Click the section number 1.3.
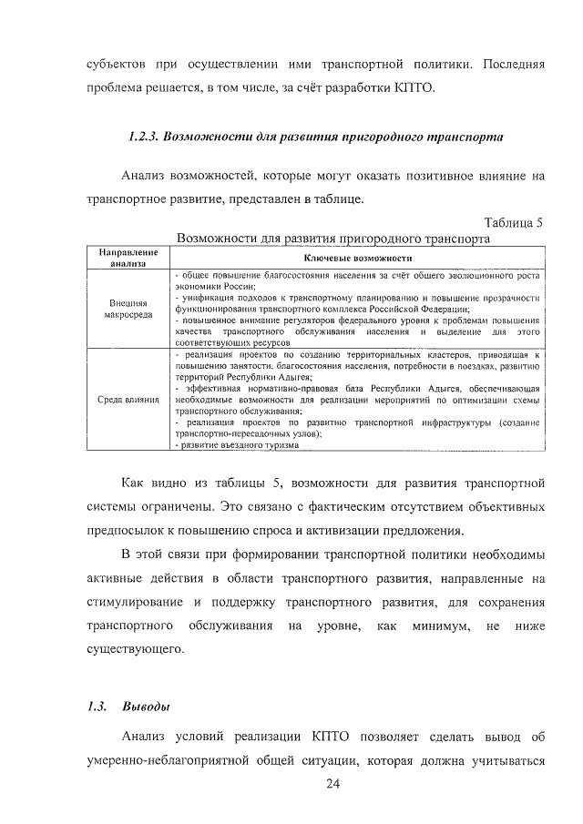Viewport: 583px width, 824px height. (97, 707)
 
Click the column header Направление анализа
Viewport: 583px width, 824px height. (128, 257)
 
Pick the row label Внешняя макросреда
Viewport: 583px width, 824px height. (128, 310)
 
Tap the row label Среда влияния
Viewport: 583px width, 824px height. (128, 399)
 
